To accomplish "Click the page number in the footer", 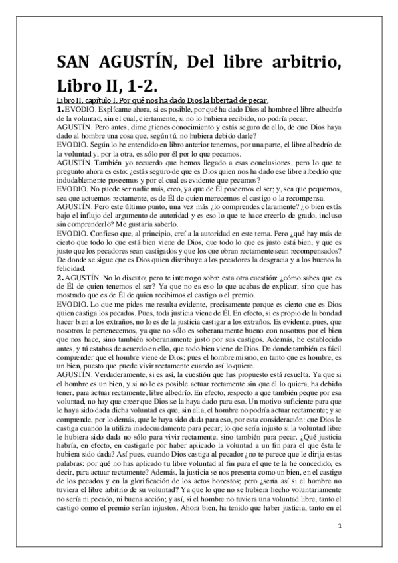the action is pos(339,526).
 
